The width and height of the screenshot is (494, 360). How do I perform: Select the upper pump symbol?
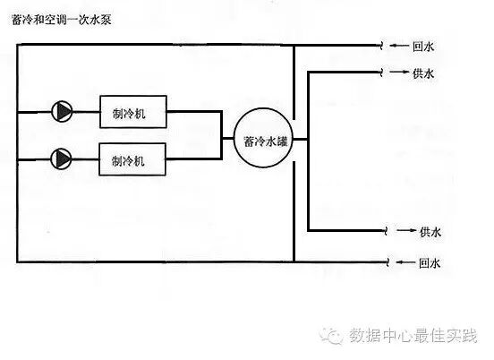tap(63, 111)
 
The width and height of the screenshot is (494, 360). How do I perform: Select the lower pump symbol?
tap(63, 159)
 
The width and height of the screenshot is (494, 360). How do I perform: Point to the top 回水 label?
tap(424, 47)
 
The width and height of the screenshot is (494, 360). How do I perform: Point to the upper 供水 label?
tap(424, 73)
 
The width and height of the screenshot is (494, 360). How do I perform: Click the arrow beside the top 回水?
tap(399, 46)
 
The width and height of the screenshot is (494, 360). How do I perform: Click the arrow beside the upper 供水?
tap(399, 73)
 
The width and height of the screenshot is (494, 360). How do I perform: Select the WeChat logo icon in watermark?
tap(335, 336)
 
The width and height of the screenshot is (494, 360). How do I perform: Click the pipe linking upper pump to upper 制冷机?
tap(87, 111)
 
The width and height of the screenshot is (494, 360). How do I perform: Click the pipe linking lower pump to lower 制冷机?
tap(87, 159)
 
